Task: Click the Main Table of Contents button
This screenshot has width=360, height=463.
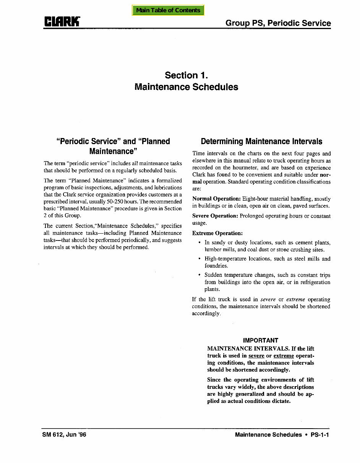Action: [168, 10]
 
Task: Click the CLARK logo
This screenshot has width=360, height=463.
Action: [62, 22]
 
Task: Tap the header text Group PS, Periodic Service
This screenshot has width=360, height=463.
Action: [278, 23]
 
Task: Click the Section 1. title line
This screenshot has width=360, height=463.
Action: [186, 75]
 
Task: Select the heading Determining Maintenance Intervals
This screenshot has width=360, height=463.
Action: [261, 141]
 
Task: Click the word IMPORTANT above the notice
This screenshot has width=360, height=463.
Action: [261, 340]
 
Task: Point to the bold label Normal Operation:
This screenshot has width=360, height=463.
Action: [216, 199]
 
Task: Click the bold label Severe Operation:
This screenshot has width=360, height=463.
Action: [215, 216]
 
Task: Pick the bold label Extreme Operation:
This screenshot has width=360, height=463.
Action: [217, 233]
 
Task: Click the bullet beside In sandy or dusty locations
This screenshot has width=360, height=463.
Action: [199, 243]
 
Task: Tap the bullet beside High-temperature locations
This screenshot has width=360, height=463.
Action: [199, 259]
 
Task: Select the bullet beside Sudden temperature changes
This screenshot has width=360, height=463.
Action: [199, 275]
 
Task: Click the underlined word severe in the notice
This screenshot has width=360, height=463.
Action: [256, 356]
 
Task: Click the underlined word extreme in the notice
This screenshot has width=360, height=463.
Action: [284, 356]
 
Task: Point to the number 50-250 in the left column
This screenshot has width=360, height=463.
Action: [115, 201]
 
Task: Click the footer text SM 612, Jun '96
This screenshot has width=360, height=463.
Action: [64, 435]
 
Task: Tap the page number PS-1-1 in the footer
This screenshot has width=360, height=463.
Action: [320, 435]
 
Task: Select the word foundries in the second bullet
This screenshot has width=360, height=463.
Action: [216, 266]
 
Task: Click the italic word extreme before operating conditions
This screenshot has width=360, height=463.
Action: [295, 299]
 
